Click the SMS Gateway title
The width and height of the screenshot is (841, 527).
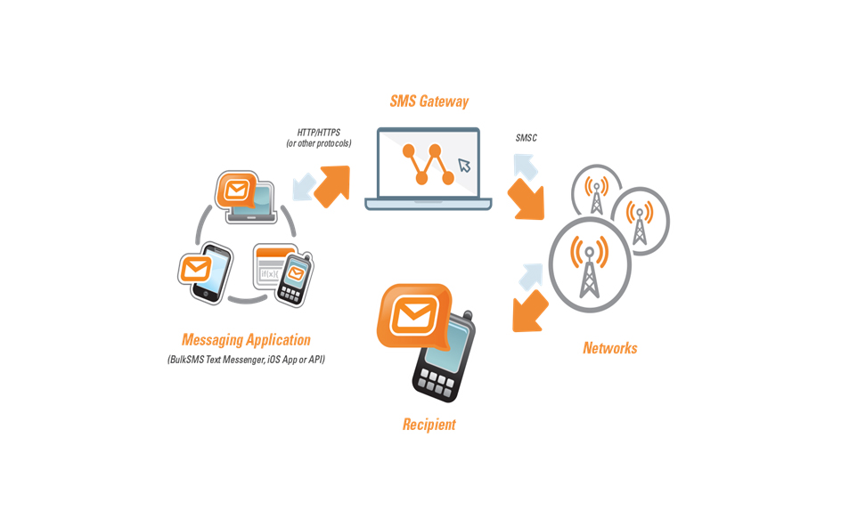pos(429,101)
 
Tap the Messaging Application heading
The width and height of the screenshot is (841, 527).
pos(246,340)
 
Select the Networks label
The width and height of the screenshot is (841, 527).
pos(610,348)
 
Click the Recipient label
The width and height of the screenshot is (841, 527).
pos(429,425)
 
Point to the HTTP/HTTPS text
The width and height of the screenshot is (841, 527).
pos(318,133)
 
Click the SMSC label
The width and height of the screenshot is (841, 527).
pos(527,138)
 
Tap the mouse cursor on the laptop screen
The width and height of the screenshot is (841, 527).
pos(464,166)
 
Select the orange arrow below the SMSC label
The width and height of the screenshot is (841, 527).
pos(527,198)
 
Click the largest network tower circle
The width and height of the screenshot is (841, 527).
pos(589,263)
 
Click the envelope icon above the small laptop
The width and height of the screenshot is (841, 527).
pos(236,190)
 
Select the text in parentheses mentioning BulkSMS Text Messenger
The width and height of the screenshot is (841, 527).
pos(246,360)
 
